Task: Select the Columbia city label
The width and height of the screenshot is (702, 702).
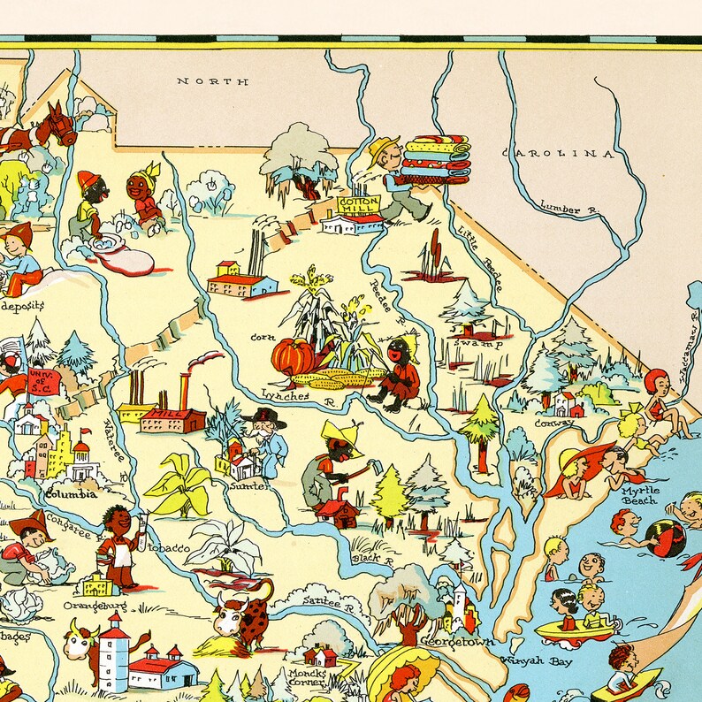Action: coord(71,493)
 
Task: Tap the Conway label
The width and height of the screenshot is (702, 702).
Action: coord(553,423)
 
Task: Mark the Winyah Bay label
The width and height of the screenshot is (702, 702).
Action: coord(534,660)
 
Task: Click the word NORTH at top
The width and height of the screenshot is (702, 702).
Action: coord(212,81)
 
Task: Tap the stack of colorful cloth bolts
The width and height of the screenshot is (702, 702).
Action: coord(435,159)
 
